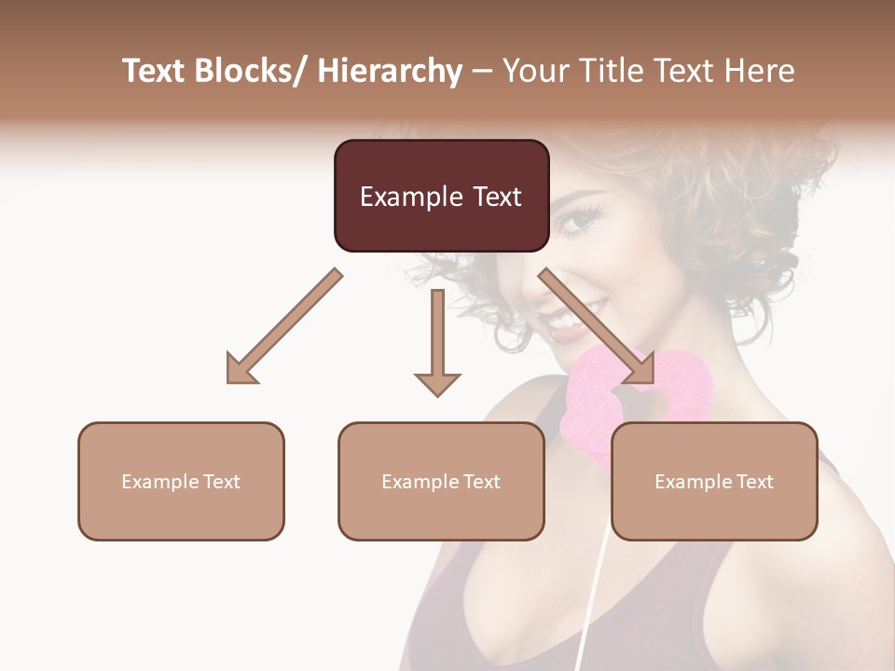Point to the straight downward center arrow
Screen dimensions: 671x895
click(x=437, y=345)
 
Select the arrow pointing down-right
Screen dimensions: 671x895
click(x=597, y=326)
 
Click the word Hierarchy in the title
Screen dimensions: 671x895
click(x=390, y=72)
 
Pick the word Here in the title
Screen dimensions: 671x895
click(x=762, y=72)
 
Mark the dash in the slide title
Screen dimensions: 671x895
click(x=482, y=72)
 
